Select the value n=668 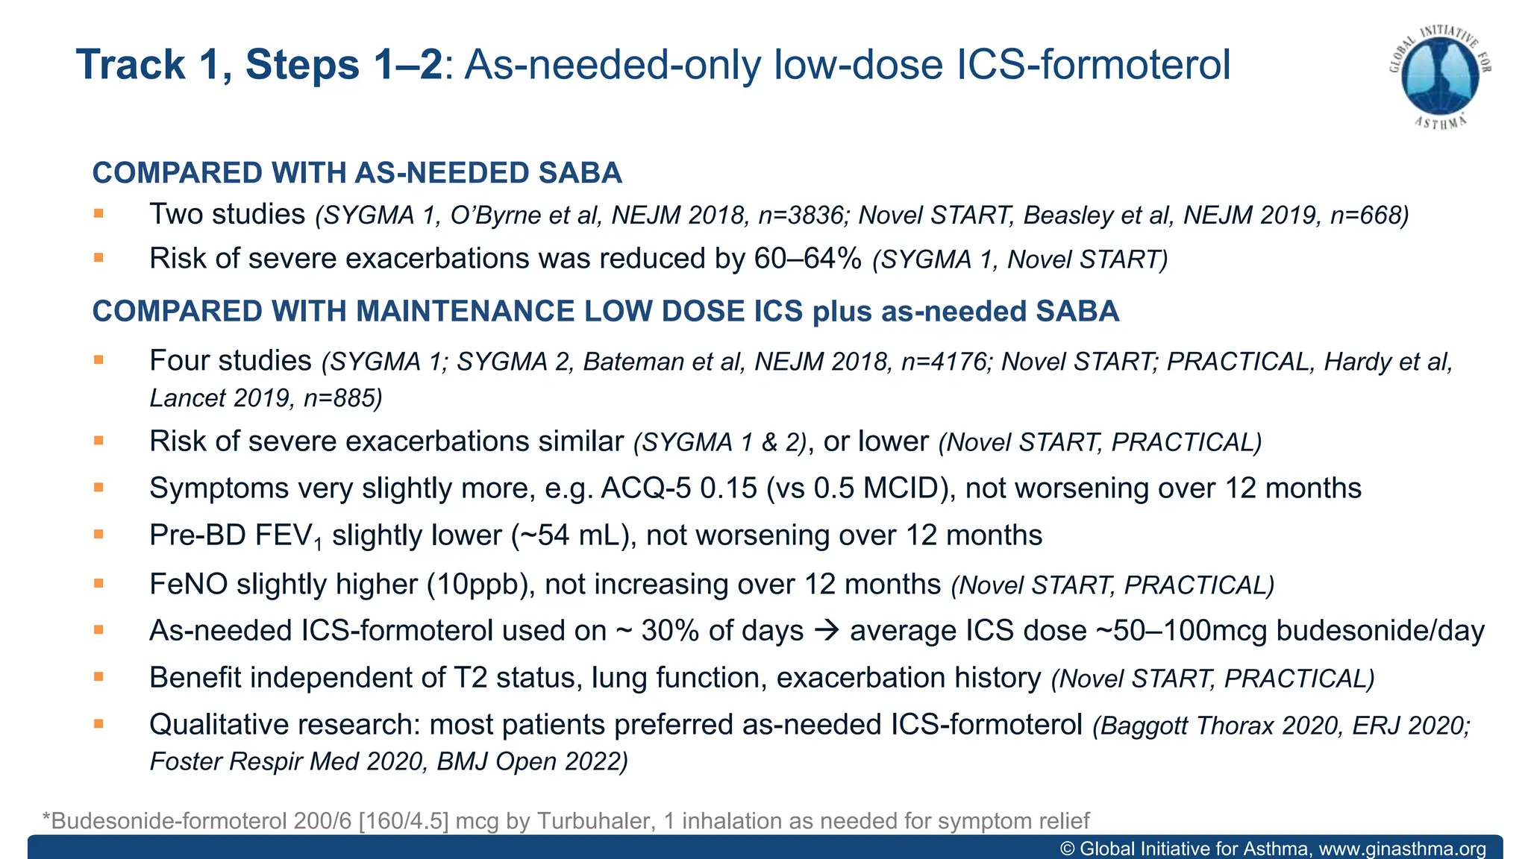[x=1369, y=215]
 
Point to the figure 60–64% [x=808, y=259]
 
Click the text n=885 [x=342, y=398]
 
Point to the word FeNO [x=188, y=584]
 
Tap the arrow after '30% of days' [x=827, y=631]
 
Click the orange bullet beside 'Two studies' [x=98, y=214]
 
